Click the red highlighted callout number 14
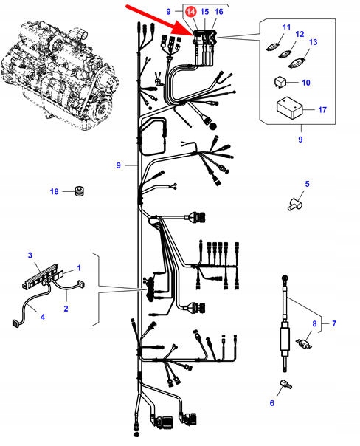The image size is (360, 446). point(190,12)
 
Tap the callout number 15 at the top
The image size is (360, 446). point(204,12)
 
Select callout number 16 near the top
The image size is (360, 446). point(219,12)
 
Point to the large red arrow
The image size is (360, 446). point(161,21)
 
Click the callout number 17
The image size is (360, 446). point(322,110)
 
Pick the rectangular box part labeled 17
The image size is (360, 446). point(289,109)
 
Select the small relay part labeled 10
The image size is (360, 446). point(280,82)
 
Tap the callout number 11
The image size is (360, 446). point(287,27)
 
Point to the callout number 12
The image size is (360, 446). point(300,34)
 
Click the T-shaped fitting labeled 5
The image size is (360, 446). point(295,205)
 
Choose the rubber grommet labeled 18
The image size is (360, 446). point(80,191)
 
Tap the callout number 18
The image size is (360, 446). point(55,192)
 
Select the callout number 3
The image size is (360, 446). point(30,255)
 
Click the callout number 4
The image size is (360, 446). point(43,317)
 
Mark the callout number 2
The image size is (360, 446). point(66,309)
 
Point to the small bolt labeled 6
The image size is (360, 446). point(285,384)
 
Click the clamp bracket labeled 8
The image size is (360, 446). point(304,343)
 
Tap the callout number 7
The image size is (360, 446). point(334,323)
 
